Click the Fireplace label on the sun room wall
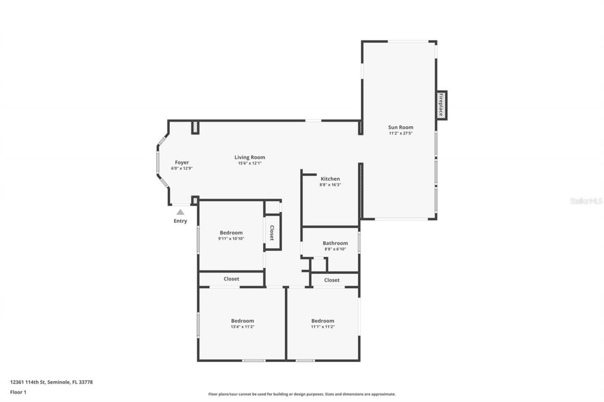coord(441,105)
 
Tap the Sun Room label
coord(401,127)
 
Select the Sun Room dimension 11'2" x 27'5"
coord(401,133)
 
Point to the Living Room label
coord(250,157)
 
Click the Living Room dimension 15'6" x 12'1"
coord(250,164)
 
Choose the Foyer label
coord(182,163)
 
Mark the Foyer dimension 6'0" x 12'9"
coord(182,168)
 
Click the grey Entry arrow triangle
coord(180,212)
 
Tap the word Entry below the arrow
coord(180,221)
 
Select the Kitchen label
coord(330,179)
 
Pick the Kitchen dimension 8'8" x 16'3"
coord(330,185)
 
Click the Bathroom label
coord(335,243)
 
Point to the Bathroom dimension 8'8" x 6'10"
coord(335,249)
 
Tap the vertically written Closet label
coord(272,232)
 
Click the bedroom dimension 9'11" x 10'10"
coord(231,238)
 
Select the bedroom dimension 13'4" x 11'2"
coord(243,327)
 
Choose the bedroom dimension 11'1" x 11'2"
coord(323,327)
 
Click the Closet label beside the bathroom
coord(332,280)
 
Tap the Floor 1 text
coord(18,392)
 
